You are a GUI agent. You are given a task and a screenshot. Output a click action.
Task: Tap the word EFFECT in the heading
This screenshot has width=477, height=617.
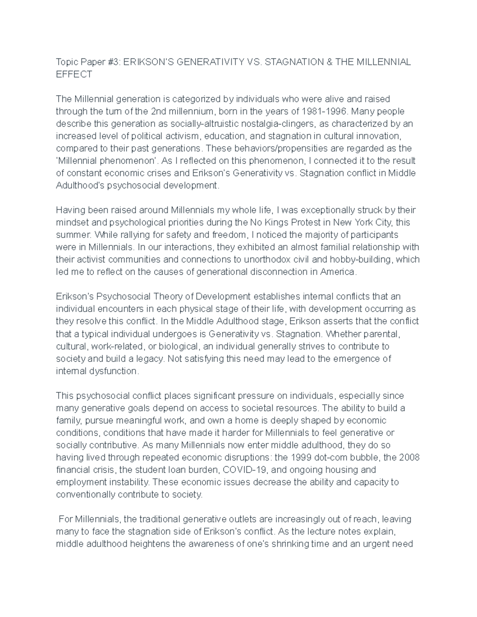pyautogui.click(x=74, y=74)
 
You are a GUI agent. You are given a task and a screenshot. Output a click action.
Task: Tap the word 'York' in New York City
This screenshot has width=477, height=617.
pyautogui.click(x=367, y=222)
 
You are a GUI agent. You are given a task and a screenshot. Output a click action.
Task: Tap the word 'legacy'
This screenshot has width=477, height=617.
pyautogui.click(x=149, y=358)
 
